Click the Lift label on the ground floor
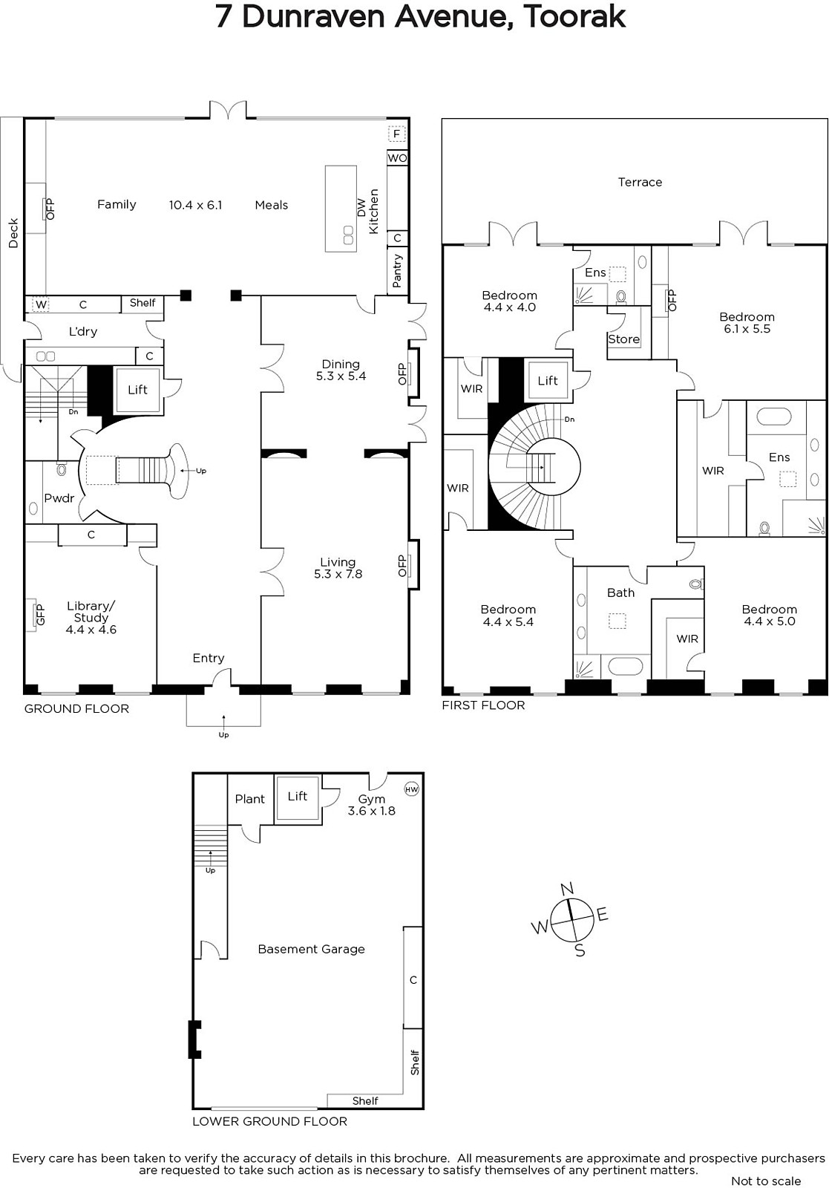137,390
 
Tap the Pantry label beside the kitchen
397,270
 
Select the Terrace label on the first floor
640,182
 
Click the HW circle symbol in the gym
411,789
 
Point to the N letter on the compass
566,888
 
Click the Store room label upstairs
623,339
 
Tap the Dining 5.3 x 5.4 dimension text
341,376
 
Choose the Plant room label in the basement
249,799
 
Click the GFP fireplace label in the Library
40,614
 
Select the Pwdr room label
59,498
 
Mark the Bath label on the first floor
620,593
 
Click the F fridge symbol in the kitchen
396,134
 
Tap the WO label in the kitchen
397,158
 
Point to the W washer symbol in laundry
41,304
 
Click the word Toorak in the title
574,17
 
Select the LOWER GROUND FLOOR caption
270,1121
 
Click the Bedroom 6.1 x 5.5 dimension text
747,329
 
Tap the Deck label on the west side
13,233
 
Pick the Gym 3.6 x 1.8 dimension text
372,811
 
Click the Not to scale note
766,1181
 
